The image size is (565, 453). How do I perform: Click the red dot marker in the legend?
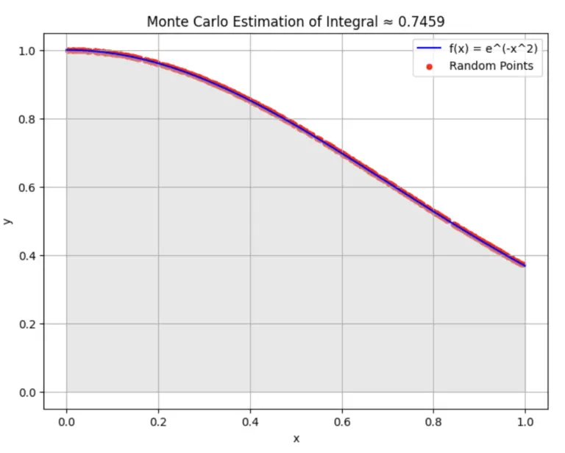coord(430,66)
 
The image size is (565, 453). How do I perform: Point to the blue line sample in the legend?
coord(430,50)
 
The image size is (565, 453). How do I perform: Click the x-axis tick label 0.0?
coord(66,423)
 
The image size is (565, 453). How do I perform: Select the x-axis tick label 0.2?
coord(158,423)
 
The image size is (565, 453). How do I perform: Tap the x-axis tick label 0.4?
coord(250,423)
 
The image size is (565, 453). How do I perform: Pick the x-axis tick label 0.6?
coord(341,423)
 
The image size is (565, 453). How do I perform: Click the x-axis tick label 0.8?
coord(433,423)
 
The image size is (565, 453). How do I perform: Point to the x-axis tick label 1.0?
coord(525,423)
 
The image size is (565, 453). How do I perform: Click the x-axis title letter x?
coord(296,438)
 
